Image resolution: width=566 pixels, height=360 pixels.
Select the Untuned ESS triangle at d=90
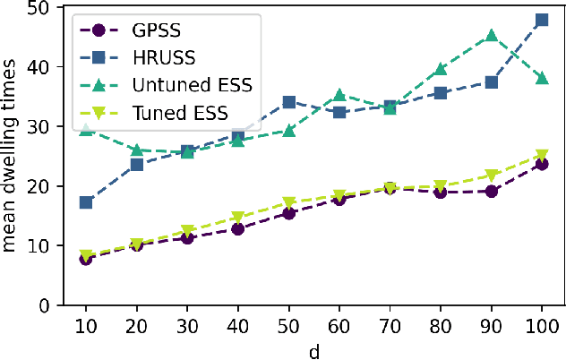click(491, 36)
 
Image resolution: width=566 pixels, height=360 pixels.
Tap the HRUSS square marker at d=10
click(86, 202)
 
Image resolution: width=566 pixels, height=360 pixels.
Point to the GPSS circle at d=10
click(86, 259)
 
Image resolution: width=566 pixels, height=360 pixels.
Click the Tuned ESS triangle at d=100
click(542, 156)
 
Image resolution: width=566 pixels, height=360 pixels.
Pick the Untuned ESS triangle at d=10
click(86, 130)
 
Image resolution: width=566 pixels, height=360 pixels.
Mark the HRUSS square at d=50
click(288, 102)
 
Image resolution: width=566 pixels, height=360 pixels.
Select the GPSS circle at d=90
click(491, 192)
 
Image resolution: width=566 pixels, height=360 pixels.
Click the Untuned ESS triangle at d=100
click(542, 78)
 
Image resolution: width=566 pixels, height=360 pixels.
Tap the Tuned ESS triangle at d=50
click(288, 202)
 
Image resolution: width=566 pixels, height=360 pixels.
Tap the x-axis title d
click(313, 350)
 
